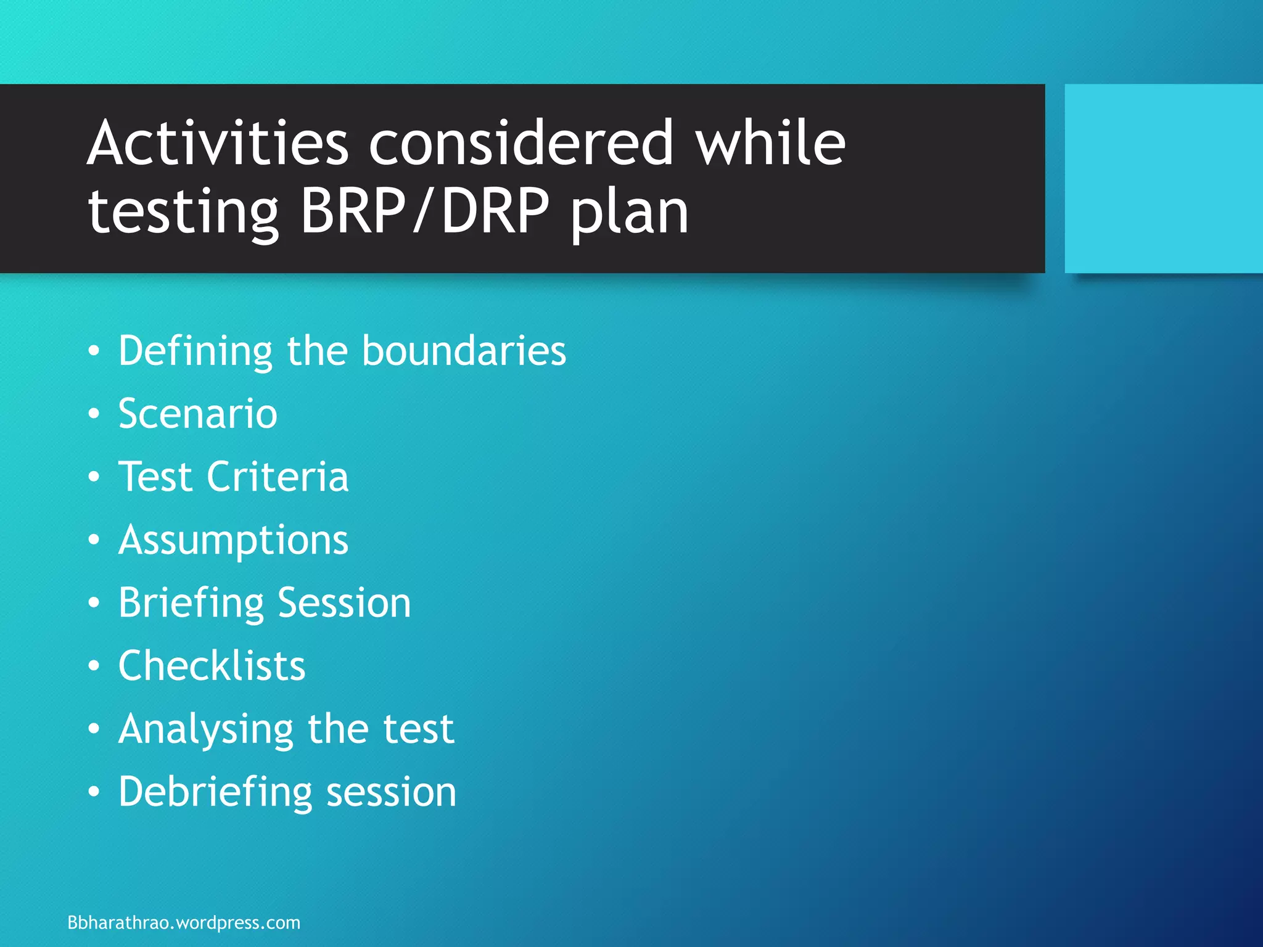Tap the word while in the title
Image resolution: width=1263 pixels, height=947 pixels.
click(770, 143)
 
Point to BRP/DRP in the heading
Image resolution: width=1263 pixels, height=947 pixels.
click(425, 211)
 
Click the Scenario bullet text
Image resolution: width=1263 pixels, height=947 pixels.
click(198, 414)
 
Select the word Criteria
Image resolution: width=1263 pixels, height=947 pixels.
click(278, 477)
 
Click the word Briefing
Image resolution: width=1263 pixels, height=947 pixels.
click(191, 603)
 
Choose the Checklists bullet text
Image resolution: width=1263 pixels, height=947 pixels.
click(212, 666)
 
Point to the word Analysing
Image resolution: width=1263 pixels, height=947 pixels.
click(205, 730)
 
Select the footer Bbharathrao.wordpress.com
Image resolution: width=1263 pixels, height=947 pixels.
click(184, 923)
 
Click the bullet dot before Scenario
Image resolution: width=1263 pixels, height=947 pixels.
click(94, 414)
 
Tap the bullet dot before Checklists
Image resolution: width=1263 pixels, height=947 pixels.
click(94, 666)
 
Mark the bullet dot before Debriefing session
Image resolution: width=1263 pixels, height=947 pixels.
click(94, 792)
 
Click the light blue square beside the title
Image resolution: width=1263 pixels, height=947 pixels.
click(1163, 179)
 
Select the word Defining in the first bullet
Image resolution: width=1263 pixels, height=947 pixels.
click(195, 351)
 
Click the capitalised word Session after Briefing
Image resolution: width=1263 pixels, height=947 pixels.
click(344, 603)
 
